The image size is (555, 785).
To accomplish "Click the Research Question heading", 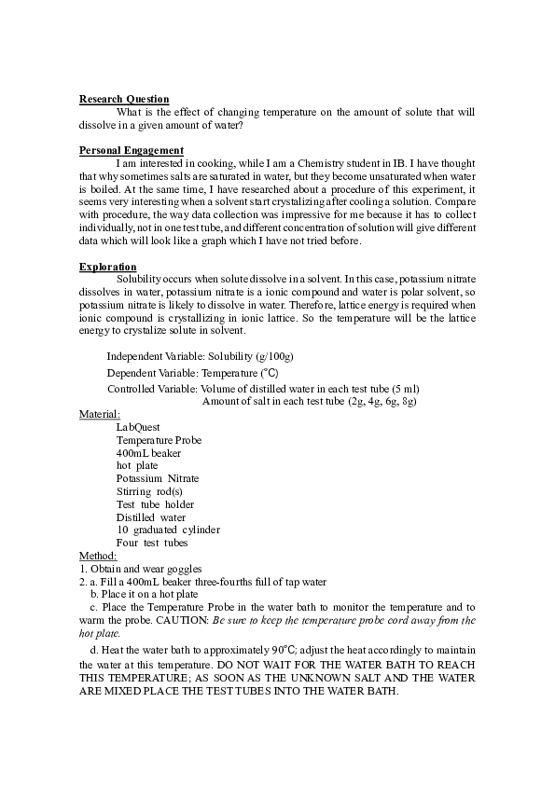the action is click(x=124, y=99).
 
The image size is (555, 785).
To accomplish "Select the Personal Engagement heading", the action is click(x=132, y=150).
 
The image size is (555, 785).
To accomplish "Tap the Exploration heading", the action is click(x=108, y=267).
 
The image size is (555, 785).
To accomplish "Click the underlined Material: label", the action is click(x=100, y=414).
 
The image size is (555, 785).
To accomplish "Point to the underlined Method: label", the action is click(x=98, y=556).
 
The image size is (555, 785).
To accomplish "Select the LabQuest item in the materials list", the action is click(x=138, y=427).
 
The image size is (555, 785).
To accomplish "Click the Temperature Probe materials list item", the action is click(x=159, y=440).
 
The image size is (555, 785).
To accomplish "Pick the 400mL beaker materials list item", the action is click(x=148, y=453).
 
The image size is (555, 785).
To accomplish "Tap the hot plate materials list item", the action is click(x=137, y=465).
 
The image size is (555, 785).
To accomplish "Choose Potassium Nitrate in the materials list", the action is click(x=158, y=478).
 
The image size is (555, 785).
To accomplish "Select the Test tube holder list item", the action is click(x=155, y=504).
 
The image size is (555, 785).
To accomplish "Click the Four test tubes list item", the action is click(x=152, y=543).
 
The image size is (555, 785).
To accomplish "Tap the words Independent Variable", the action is click(x=152, y=357).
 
